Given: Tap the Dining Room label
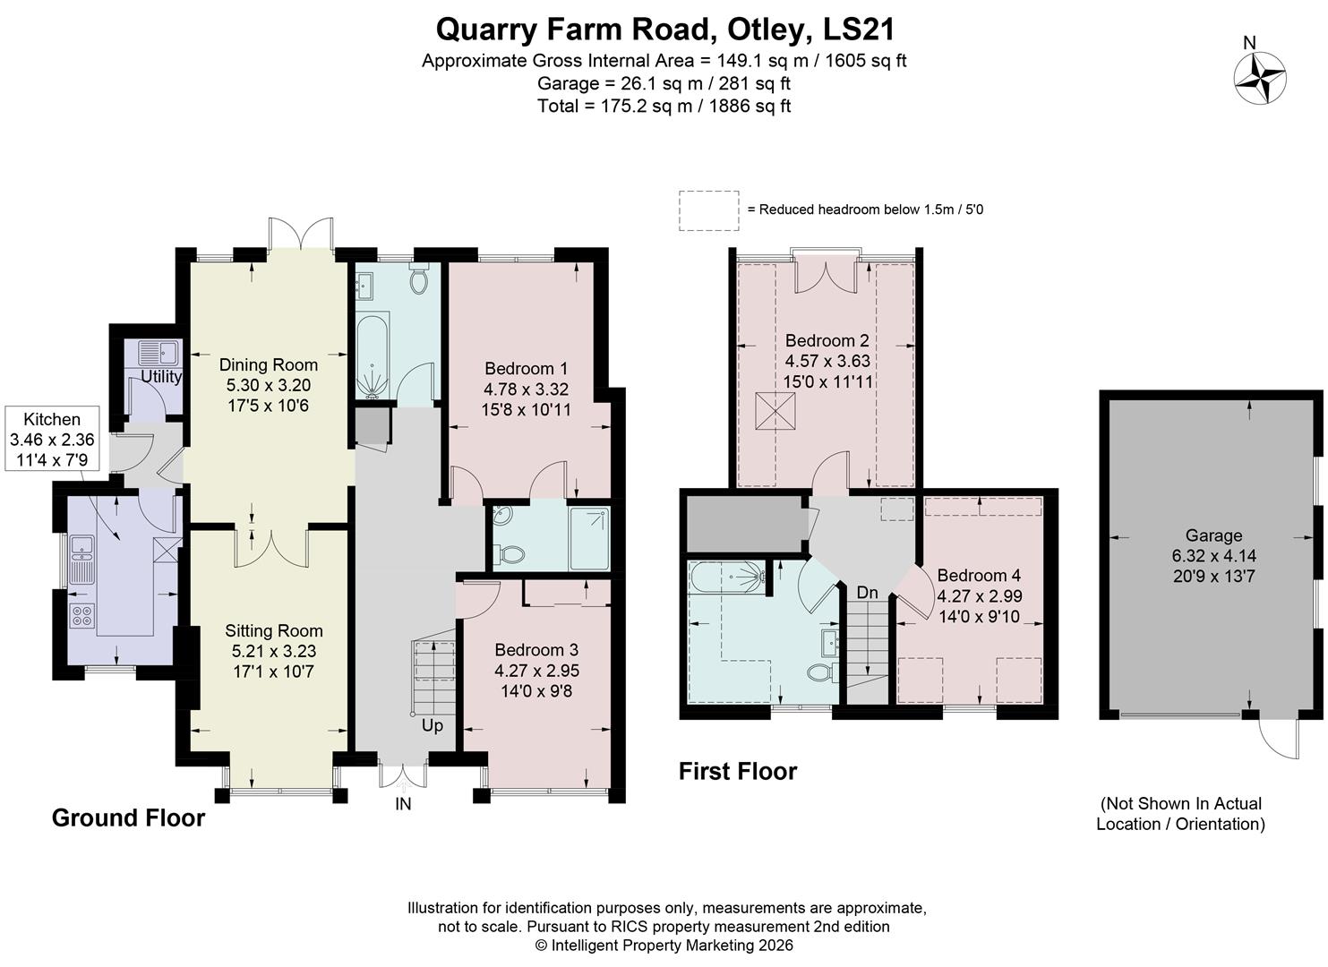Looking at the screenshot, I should (x=269, y=364).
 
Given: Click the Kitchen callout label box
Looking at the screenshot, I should (x=52, y=439).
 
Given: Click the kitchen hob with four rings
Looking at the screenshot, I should (x=82, y=615).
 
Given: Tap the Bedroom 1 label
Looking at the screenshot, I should (x=526, y=368).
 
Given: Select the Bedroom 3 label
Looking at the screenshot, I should (x=536, y=649).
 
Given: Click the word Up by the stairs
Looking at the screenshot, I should (x=433, y=725).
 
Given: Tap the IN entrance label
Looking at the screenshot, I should (x=403, y=804).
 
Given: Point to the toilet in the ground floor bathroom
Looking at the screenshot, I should (x=418, y=280).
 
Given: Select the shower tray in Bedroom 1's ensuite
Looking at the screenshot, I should (x=589, y=538).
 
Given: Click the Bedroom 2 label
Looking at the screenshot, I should (x=827, y=340).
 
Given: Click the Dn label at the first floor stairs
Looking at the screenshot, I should (x=867, y=593).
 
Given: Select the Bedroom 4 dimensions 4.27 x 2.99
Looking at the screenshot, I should (x=979, y=595).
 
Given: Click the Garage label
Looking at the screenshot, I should (x=1213, y=535).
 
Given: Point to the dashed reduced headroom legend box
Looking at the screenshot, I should (x=708, y=210).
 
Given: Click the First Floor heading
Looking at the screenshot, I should (x=737, y=771).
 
